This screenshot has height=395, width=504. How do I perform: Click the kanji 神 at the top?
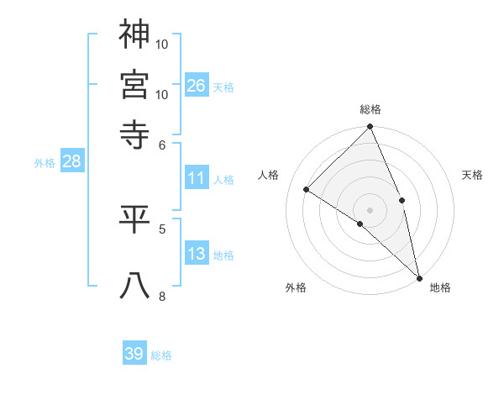click(x=135, y=34)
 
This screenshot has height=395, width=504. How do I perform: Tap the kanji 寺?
click(x=135, y=133)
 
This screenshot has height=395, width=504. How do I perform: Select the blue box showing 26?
click(x=197, y=85)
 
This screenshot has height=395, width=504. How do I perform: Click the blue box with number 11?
click(x=197, y=178)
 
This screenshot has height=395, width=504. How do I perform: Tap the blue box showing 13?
click(x=197, y=254)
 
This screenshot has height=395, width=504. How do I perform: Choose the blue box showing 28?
click(x=71, y=162)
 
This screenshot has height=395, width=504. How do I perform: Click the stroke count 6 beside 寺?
click(x=162, y=145)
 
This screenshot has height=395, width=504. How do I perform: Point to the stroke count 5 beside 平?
click(x=162, y=228)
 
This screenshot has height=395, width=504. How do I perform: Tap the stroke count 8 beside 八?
click(x=162, y=296)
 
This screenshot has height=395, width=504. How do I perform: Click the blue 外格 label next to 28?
click(x=45, y=164)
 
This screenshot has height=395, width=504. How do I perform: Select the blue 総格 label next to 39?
click(x=161, y=355)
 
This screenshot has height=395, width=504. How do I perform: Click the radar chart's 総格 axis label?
click(x=370, y=109)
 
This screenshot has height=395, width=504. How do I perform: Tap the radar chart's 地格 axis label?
click(x=440, y=288)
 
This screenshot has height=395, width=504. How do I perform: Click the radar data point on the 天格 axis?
click(x=402, y=200)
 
